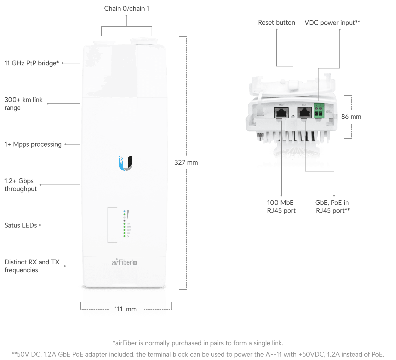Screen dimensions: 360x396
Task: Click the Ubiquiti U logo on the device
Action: (x=126, y=163)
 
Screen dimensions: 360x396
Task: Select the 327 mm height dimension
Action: (x=186, y=162)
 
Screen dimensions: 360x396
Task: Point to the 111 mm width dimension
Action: (x=125, y=309)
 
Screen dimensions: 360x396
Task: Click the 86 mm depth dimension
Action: (x=351, y=117)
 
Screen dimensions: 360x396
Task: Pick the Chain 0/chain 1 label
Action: (x=126, y=8)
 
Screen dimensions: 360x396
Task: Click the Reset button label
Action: (x=276, y=23)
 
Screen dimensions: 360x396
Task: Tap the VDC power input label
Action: (x=332, y=23)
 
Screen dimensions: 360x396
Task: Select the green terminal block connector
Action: (x=319, y=111)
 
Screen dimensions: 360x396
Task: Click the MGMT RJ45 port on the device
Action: (x=281, y=113)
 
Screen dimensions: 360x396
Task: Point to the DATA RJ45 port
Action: (x=305, y=113)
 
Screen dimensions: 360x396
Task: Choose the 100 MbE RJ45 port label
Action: (x=281, y=207)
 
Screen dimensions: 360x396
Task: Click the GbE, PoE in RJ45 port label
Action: (x=332, y=207)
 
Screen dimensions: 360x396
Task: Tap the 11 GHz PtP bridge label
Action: (x=31, y=63)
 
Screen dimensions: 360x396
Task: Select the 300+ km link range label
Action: (x=23, y=104)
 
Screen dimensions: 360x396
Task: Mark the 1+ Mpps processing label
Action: (x=33, y=144)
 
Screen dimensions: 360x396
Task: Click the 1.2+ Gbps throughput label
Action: (x=20, y=185)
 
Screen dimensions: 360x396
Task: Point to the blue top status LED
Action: (x=124, y=211)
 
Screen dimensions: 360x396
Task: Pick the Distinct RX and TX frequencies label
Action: (x=32, y=266)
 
